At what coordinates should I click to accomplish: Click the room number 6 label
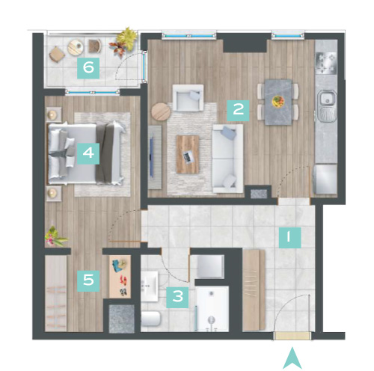(x=88, y=68)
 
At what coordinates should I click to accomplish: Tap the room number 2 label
(x=238, y=111)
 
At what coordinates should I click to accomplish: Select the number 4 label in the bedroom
(x=88, y=153)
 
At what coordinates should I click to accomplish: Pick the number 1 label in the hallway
(x=289, y=237)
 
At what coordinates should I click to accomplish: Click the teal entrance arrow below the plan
(x=292, y=358)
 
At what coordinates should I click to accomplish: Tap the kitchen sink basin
(x=327, y=99)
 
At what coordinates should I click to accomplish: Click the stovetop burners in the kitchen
(x=326, y=64)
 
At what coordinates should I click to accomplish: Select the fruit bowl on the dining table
(x=278, y=102)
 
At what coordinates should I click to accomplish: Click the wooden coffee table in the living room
(x=188, y=155)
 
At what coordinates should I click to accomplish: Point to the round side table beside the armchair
(x=161, y=112)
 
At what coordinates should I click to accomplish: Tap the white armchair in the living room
(x=188, y=98)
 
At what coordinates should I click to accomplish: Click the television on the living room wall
(x=152, y=157)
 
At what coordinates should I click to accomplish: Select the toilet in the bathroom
(x=150, y=319)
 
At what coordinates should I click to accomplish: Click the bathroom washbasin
(x=150, y=286)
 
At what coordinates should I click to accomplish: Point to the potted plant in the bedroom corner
(x=55, y=237)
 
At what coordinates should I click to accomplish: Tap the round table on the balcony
(x=76, y=48)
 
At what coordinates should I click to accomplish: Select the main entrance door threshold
(x=292, y=336)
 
